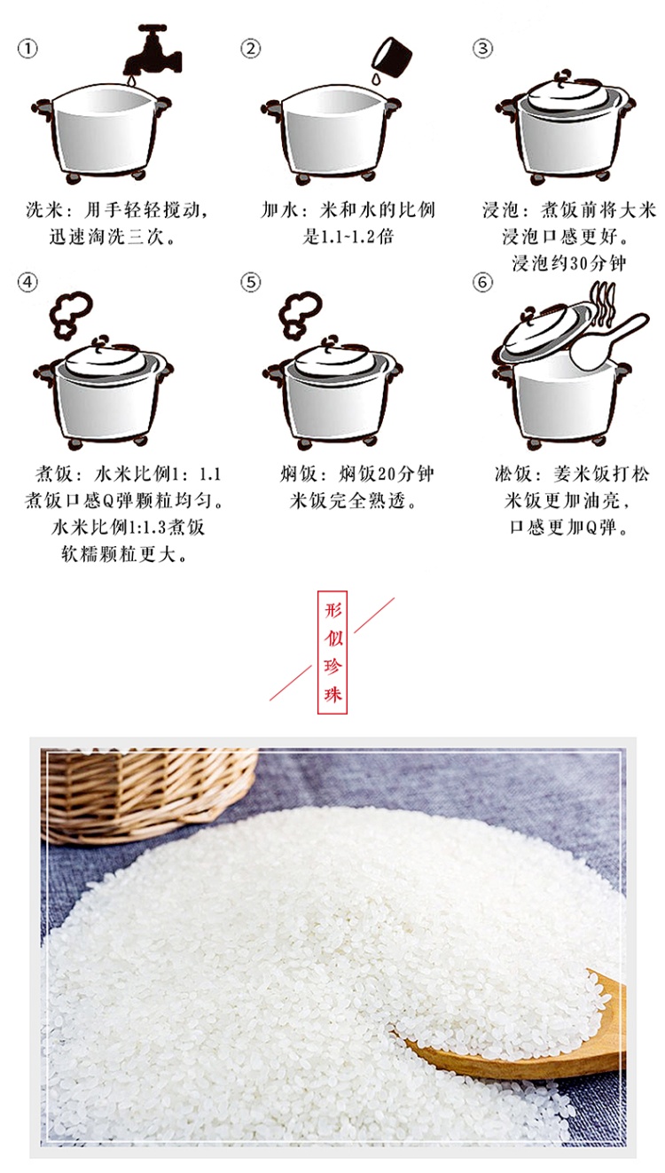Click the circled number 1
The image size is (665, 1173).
coord(27,50)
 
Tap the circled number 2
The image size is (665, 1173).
coord(251,49)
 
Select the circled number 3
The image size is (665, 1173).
coord(482,49)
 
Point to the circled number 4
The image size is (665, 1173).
coord(27,282)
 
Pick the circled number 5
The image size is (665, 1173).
coord(251,282)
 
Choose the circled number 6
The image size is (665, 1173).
coord(482,282)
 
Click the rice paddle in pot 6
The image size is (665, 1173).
coord(606,340)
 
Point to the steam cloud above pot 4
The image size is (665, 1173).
coord(71,314)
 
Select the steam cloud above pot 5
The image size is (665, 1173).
coord(300,314)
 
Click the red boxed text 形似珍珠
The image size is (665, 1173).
coord(332,652)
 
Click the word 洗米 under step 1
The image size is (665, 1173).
coord(44,210)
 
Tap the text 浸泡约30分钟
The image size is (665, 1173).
coord(569,262)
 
